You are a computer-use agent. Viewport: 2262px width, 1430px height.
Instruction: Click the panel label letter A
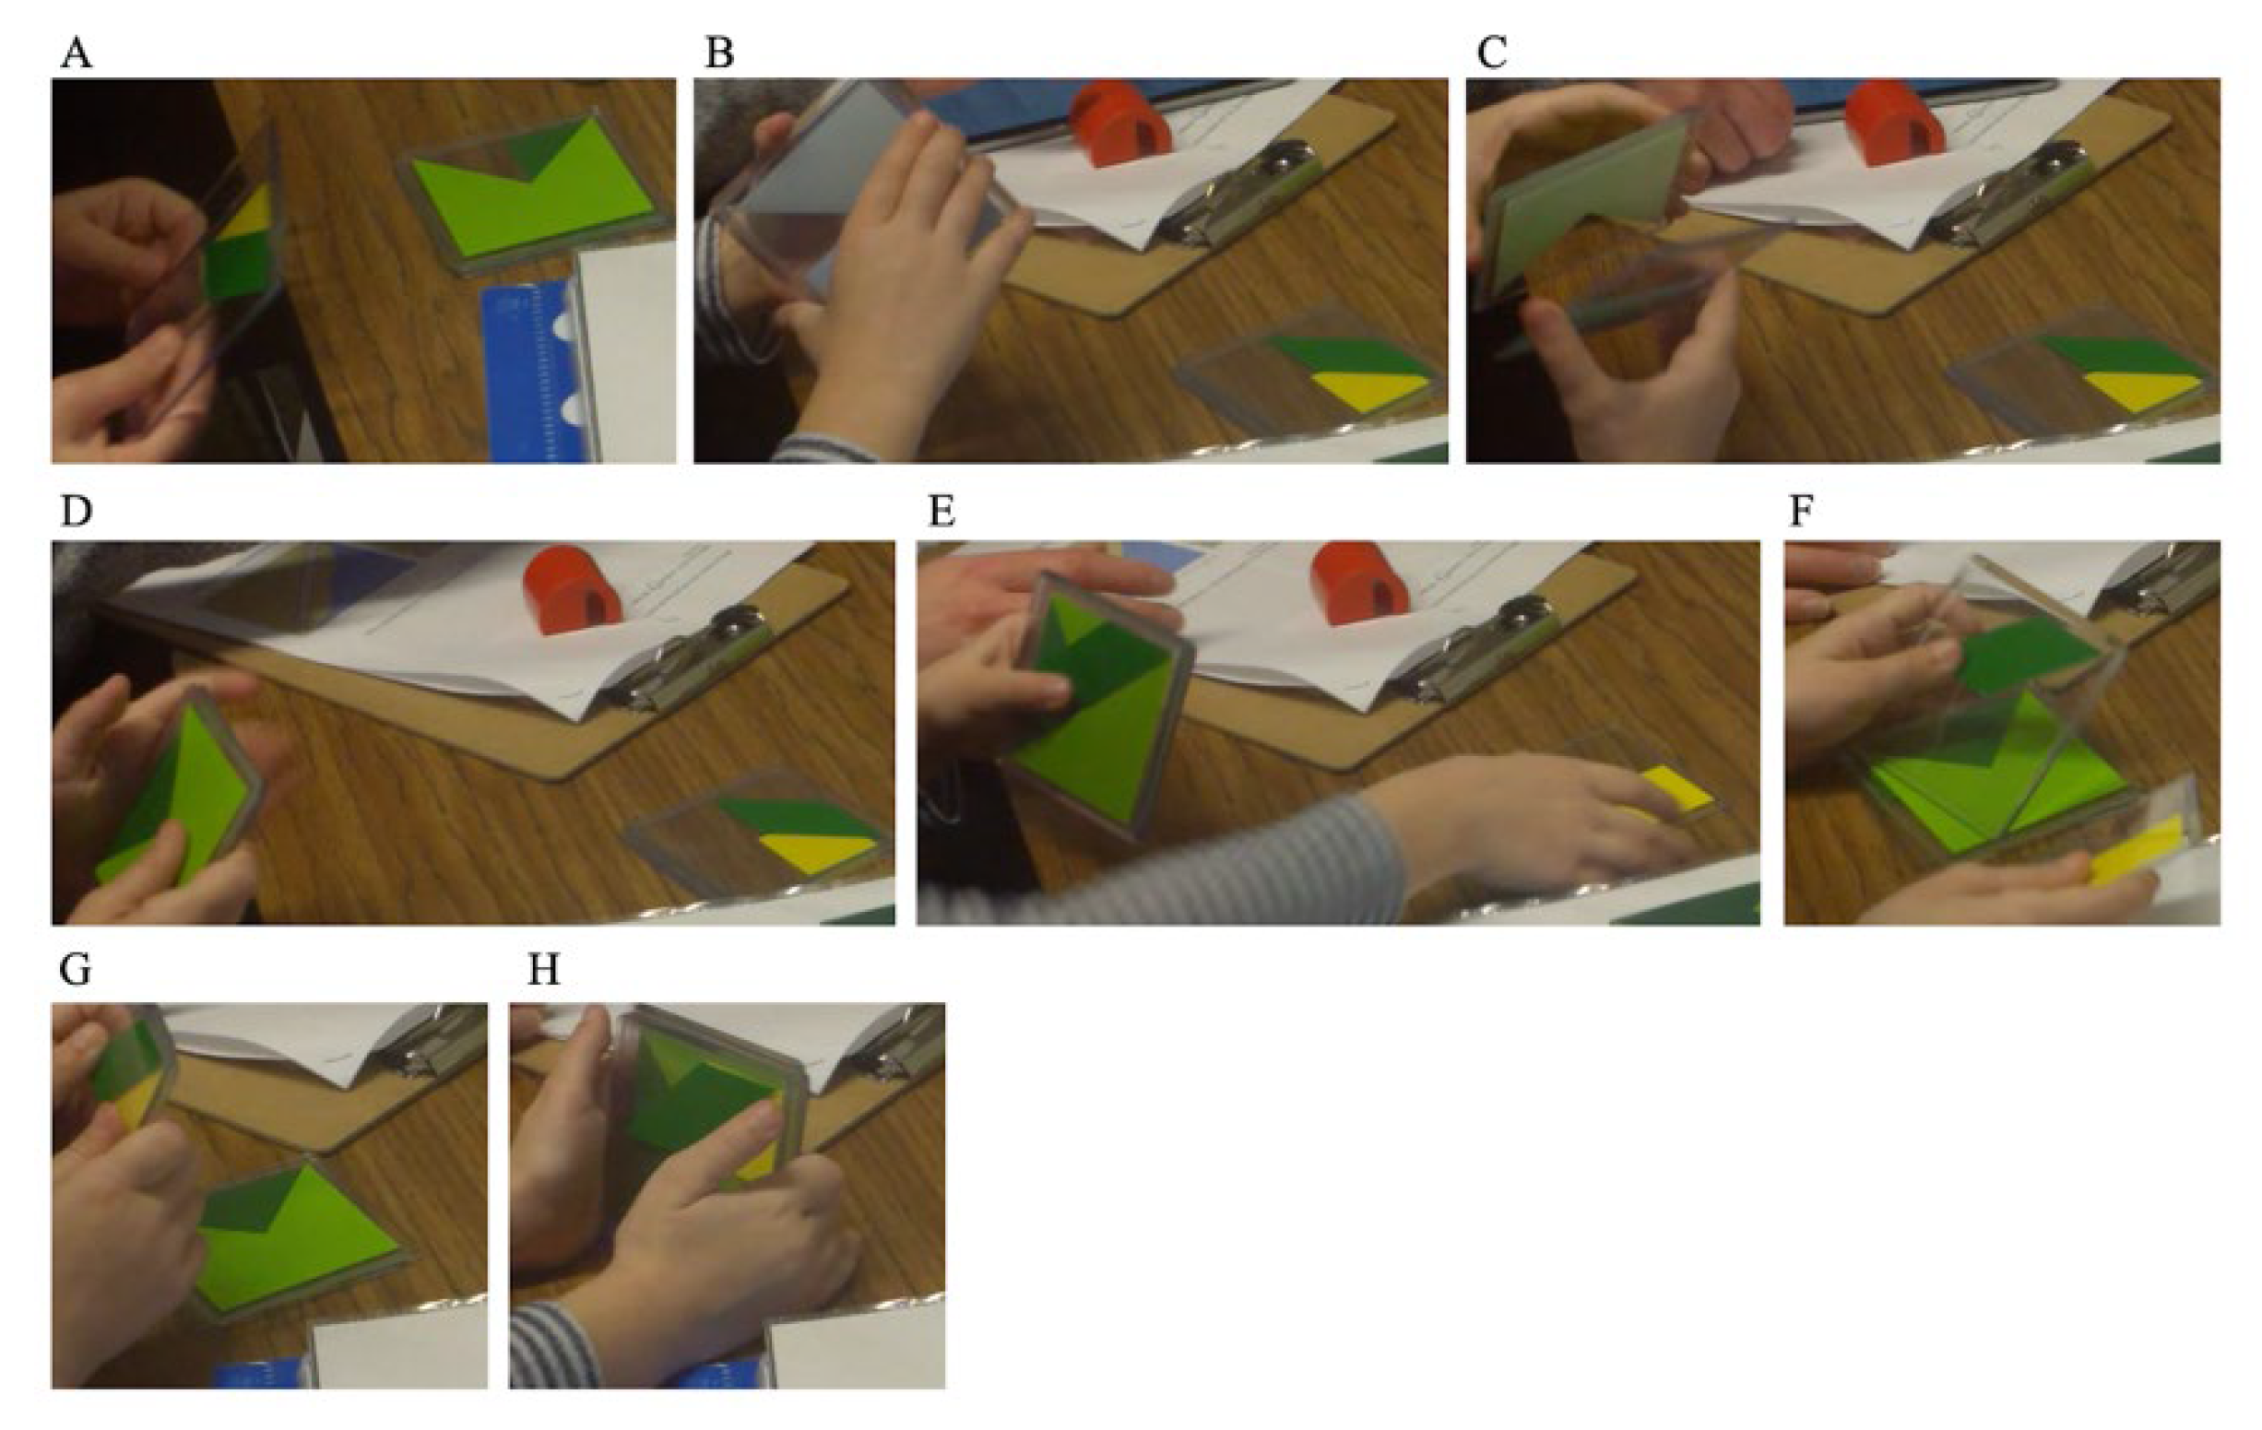(77, 53)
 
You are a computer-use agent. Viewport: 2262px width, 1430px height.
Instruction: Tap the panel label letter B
(718, 53)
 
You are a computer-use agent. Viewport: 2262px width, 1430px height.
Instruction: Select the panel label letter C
(1492, 53)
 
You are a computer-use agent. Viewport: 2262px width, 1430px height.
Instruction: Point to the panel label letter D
(77, 512)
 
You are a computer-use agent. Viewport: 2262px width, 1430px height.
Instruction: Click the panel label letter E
(942, 512)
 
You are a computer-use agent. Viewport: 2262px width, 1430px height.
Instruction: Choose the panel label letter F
(1801, 512)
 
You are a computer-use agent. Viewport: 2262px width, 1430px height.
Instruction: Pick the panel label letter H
(544, 970)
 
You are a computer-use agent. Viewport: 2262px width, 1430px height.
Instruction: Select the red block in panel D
(573, 585)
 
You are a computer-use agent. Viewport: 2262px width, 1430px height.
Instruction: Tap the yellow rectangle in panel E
(1674, 788)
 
